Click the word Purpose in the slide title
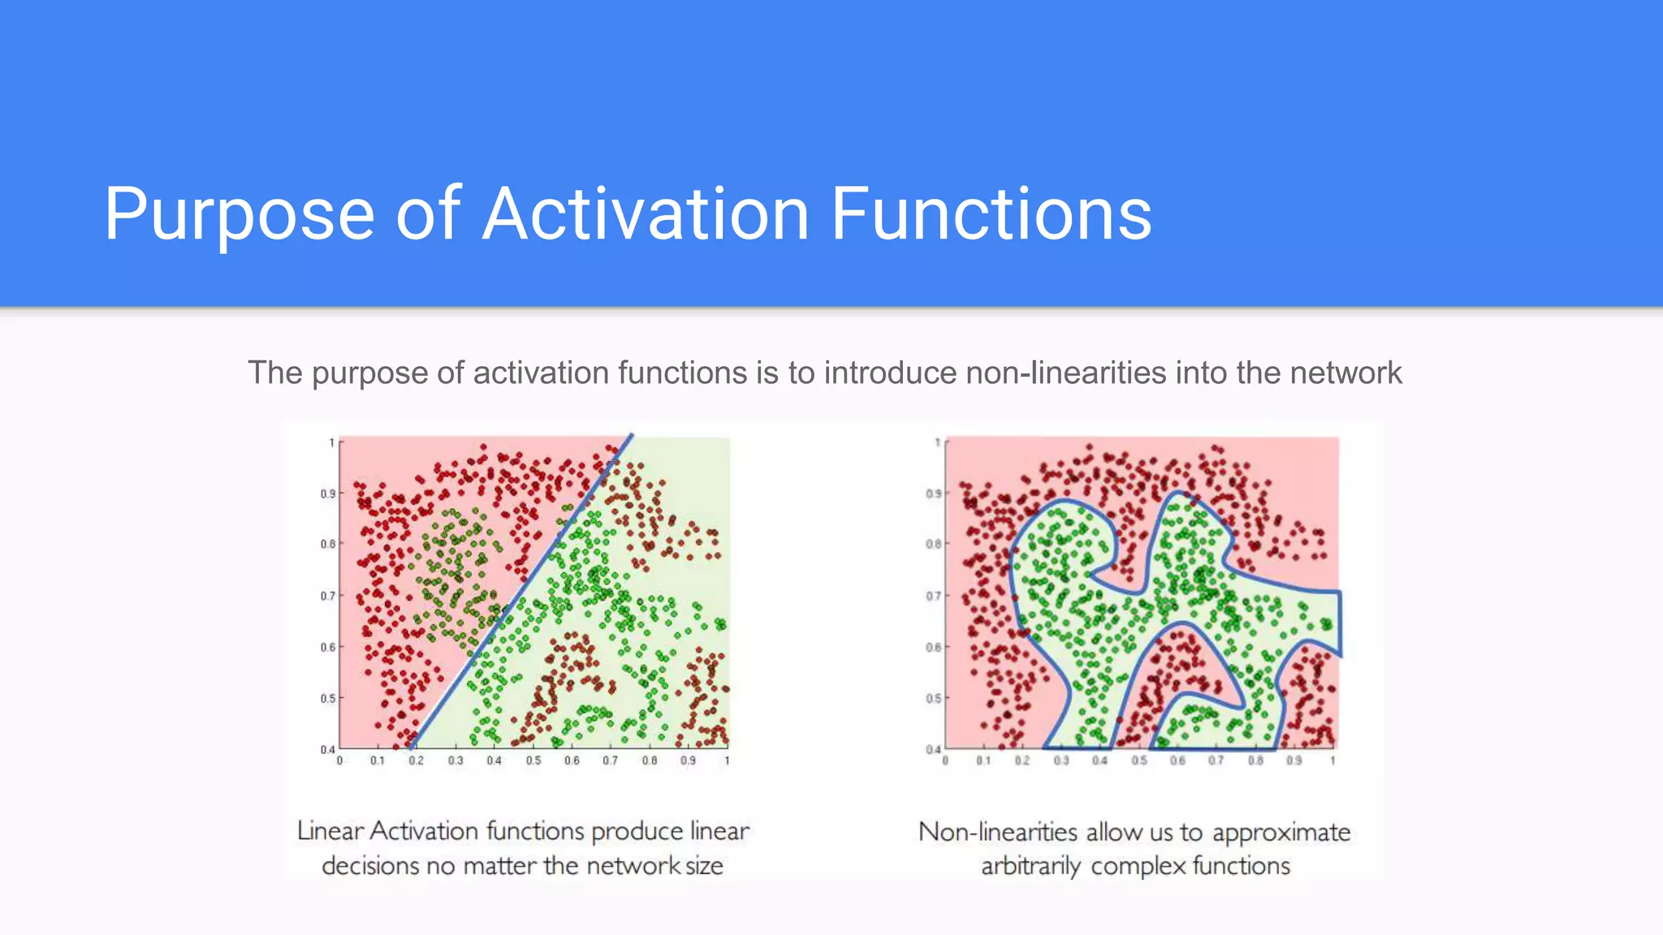coord(240,215)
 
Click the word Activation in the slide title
coord(646,213)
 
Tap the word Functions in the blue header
coord(991,213)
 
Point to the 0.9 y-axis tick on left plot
coord(327,493)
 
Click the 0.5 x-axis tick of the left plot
coord(533,760)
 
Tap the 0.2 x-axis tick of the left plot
coord(416,760)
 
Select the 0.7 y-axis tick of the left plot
coord(327,596)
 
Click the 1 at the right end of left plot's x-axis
coord(727,760)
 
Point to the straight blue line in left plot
coord(520,592)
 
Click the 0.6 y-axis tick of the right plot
coord(933,647)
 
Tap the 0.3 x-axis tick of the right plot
coord(1060,760)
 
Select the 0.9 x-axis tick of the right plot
coord(1294,760)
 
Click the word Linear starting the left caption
coord(330,831)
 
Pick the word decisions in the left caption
coord(370,866)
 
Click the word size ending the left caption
coord(703,866)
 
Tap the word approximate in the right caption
coord(1281,833)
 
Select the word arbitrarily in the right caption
coord(1030,867)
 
